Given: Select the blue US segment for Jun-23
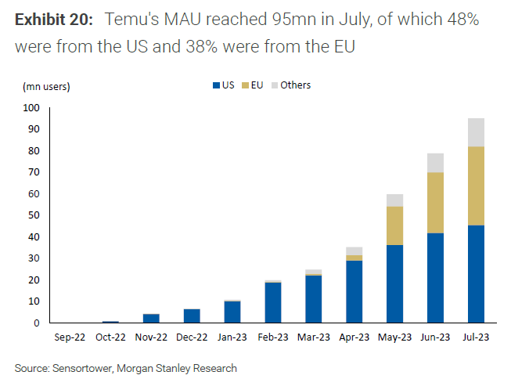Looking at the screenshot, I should [x=434, y=278].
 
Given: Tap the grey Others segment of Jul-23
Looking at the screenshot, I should [x=474, y=132].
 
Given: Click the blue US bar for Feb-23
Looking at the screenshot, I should [x=272, y=302].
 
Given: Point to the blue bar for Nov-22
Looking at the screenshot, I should [x=151, y=318].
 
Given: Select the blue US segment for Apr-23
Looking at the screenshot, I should [x=354, y=291].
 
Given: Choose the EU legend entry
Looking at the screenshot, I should [x=254, y=85].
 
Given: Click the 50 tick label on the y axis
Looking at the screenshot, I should [x=31, y=215].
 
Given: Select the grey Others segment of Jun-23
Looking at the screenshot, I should [x=434, y=162].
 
